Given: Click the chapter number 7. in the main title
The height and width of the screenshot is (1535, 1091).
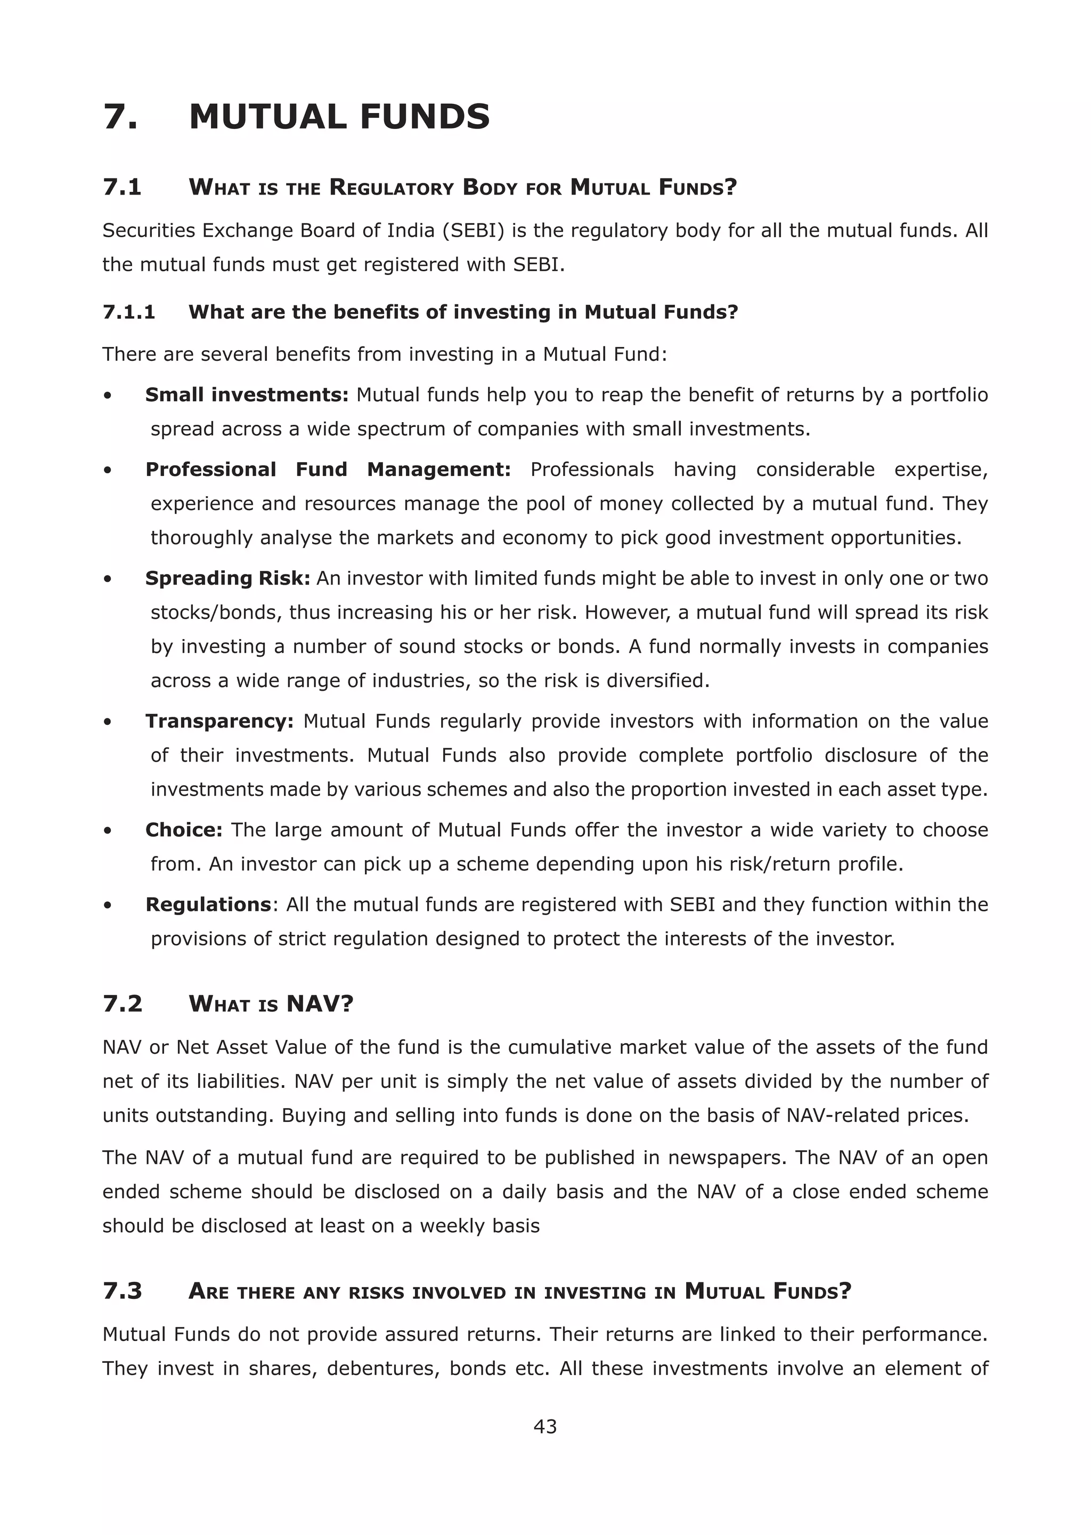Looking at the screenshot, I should tap(121, 117).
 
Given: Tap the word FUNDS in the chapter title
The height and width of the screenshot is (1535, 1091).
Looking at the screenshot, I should tap(425, 117).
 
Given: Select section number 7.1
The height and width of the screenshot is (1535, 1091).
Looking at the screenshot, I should tap(123, 187).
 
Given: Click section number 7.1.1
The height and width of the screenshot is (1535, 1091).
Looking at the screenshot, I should tap(129, 312).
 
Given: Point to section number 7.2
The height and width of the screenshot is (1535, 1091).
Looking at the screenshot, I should tap(123, 1004).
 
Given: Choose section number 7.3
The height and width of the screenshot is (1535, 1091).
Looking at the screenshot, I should tap(123, 1291).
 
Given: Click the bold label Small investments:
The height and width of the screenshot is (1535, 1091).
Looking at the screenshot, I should tap(247, 394).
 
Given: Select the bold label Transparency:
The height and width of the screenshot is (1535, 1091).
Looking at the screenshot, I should tap(219, 721).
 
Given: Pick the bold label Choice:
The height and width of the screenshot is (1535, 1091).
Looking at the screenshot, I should tap(183, 830).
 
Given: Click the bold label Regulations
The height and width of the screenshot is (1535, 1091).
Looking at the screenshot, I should tap(208, 904).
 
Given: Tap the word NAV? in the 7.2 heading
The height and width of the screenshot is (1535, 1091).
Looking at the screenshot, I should tap(320, 1004).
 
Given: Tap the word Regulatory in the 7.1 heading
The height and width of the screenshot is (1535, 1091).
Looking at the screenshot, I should tap(392, 187).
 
